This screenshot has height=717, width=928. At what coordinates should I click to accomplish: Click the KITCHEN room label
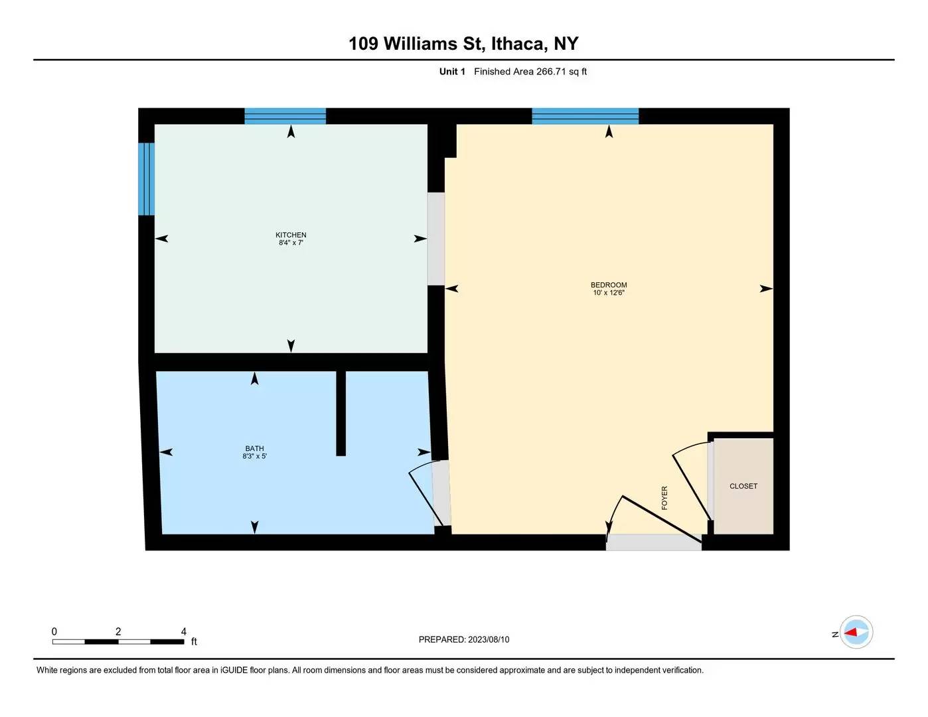290,235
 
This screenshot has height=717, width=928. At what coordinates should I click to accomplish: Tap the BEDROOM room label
609,285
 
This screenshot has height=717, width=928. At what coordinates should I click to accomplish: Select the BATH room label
254,448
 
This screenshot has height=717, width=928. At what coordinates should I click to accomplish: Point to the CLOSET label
743,486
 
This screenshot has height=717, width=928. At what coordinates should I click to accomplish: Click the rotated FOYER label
664,498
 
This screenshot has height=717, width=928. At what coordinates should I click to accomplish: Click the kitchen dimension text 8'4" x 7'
291,242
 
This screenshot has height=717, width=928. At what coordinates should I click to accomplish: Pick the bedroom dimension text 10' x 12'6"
609,293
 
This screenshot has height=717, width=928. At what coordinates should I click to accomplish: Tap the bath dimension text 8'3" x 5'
254,456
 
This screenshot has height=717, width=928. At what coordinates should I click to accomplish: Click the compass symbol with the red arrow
856,632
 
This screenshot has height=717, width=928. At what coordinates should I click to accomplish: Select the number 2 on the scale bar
118,631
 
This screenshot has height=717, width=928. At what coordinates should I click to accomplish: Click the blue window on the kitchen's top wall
285,116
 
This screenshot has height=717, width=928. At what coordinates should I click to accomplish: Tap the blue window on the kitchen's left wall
146,179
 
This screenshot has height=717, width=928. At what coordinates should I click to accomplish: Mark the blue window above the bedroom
585,116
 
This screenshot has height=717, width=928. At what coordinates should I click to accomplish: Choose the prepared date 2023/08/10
489,639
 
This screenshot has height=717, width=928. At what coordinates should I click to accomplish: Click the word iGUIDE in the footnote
234,670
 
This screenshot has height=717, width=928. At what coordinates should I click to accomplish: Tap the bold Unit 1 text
452,71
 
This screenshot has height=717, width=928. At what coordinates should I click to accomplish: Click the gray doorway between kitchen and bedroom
436,239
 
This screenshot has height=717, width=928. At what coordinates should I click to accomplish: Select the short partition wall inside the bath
341,414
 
